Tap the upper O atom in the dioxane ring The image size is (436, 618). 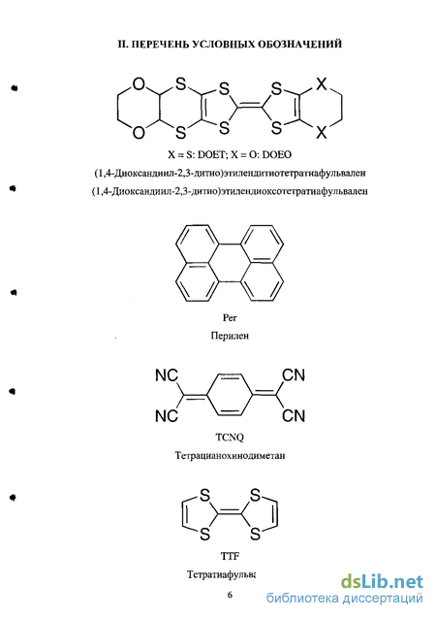139,84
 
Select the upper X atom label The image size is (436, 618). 322,84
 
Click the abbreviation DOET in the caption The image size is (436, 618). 210,154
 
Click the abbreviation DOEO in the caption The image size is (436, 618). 277,154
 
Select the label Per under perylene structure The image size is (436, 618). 230,317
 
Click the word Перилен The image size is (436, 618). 230,336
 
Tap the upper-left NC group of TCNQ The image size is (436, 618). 167,375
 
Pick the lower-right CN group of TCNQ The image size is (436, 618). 294,415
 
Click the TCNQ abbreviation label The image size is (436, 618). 230,438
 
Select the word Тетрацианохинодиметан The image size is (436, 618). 230,456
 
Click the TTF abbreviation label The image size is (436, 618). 230,556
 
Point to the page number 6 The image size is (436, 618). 230,595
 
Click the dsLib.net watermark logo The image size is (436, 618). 382,582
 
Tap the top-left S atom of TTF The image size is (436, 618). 205,495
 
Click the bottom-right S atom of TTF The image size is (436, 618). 255,534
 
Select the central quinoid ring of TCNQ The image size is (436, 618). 230,395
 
